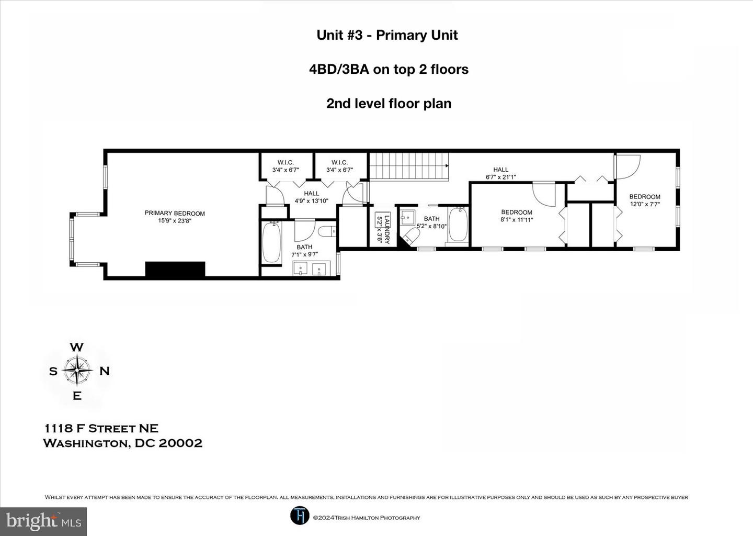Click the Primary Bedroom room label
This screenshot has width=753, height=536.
coord(175,217)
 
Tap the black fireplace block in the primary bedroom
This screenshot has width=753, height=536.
coord(175,269)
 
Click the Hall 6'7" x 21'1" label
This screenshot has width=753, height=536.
coord(500,173)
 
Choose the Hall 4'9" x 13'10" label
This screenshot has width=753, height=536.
coord(311,197)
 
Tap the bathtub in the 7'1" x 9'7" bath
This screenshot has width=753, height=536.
coord(271,243)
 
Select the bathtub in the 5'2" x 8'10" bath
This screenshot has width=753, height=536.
coord(459,226)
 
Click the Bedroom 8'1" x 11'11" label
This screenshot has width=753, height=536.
coord(517,216)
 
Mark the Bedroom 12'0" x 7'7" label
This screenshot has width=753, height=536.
coord(645,200)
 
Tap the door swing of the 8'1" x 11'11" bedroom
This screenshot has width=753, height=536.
coord(544,194)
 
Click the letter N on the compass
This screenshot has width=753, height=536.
coord(105,371)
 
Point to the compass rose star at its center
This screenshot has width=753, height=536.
coord(77,371)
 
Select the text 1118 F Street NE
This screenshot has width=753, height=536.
coord(101,428)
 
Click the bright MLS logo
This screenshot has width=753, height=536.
coord(43,521)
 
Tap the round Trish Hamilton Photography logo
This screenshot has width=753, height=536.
coord(300,516)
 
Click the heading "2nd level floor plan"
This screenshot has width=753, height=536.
coord(389,103)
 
